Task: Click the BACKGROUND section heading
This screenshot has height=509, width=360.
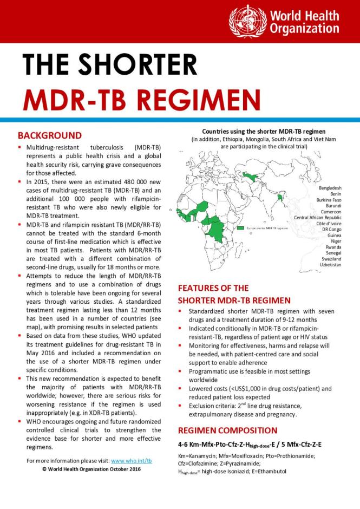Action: tap(49, 135)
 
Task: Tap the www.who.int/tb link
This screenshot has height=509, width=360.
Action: tap(130, 460)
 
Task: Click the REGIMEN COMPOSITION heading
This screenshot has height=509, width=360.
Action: tap(227, 430)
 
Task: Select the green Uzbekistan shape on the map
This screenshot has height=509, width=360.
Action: tap(250, 175)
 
